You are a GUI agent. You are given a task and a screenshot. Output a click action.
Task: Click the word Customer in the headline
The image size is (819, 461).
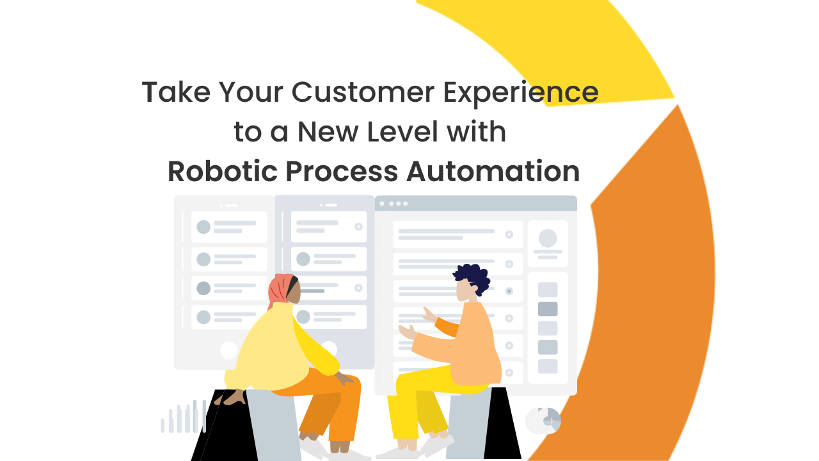click(x=363, y=92)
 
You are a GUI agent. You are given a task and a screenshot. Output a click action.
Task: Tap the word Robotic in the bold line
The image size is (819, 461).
click(x=222, y=171)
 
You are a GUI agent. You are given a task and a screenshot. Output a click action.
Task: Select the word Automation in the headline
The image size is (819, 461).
click(x=493, y=171)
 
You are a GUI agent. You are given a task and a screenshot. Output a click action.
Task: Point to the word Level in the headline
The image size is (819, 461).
click(x=402, y=131)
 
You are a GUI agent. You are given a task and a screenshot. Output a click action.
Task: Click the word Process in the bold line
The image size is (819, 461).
click(x=342, y=171)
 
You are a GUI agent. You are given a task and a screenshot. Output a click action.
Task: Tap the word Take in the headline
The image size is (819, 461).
click(x=176, y=92)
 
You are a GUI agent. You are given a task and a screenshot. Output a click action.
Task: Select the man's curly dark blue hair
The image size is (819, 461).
click(x=473, y=278)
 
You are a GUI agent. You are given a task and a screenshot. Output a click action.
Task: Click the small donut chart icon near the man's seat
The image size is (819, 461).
click(x=543, y=421)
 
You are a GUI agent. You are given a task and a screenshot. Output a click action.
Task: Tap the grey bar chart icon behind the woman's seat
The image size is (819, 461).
click(x=183, y=416)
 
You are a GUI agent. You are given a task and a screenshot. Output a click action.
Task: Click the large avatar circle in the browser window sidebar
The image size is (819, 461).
click(x=548, y=239)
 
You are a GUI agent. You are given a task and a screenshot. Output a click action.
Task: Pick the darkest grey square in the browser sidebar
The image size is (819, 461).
click(x=548, y=309)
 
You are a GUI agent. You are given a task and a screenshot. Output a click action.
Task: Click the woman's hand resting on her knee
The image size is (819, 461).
click(x=344, y=378)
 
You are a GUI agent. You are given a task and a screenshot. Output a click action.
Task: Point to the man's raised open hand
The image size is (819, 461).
click(x=408, y=332)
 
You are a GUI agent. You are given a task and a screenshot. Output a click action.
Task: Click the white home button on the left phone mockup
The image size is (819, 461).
click(x=229, y=350)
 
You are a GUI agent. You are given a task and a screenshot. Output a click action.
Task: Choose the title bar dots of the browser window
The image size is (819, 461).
click(x=394, y=204)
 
